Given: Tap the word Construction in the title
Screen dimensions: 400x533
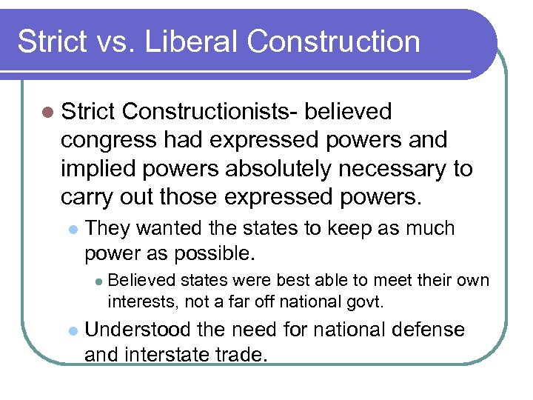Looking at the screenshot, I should pos(334,41).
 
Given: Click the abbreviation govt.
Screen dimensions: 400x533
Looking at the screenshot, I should pos(369,301).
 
